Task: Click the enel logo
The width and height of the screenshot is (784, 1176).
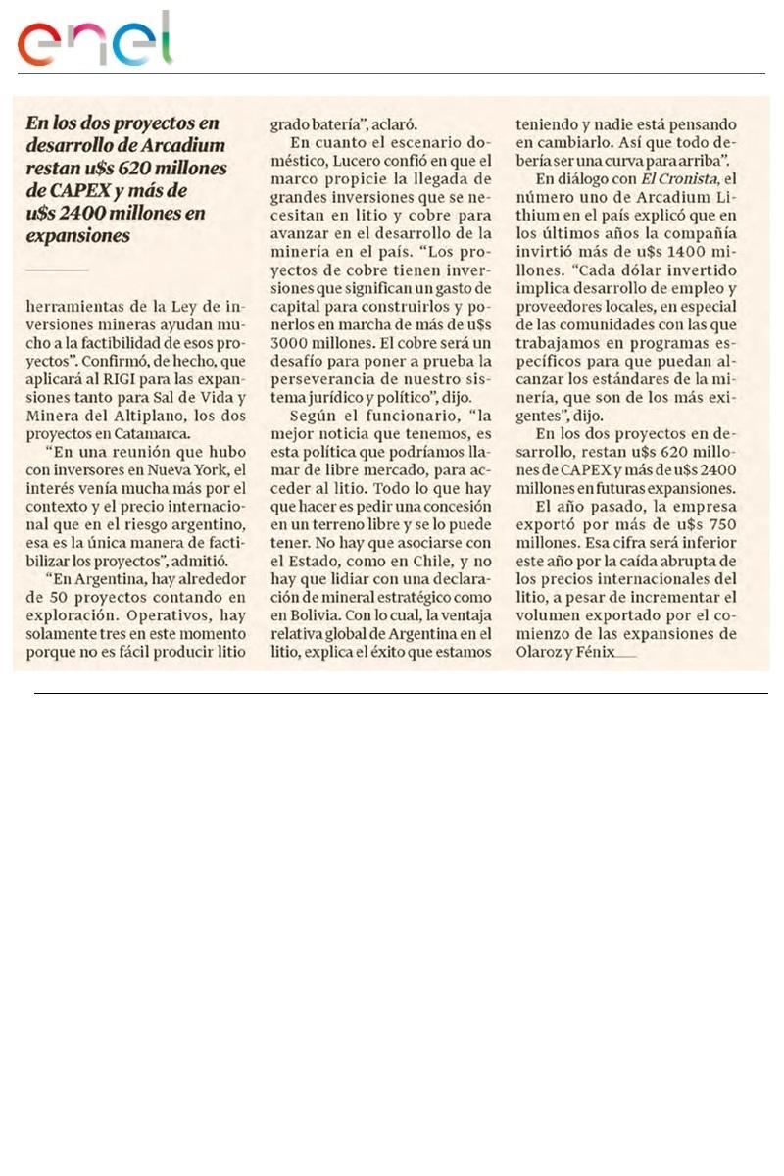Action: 94,40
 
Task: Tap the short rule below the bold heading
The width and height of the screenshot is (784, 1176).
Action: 57,269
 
